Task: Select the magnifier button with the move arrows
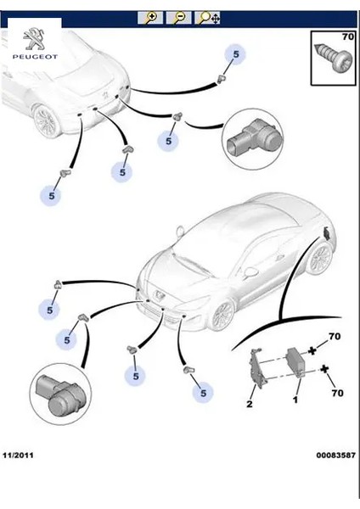208,17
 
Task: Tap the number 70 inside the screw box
346,36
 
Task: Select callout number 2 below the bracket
250,404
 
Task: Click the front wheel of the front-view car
222,315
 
